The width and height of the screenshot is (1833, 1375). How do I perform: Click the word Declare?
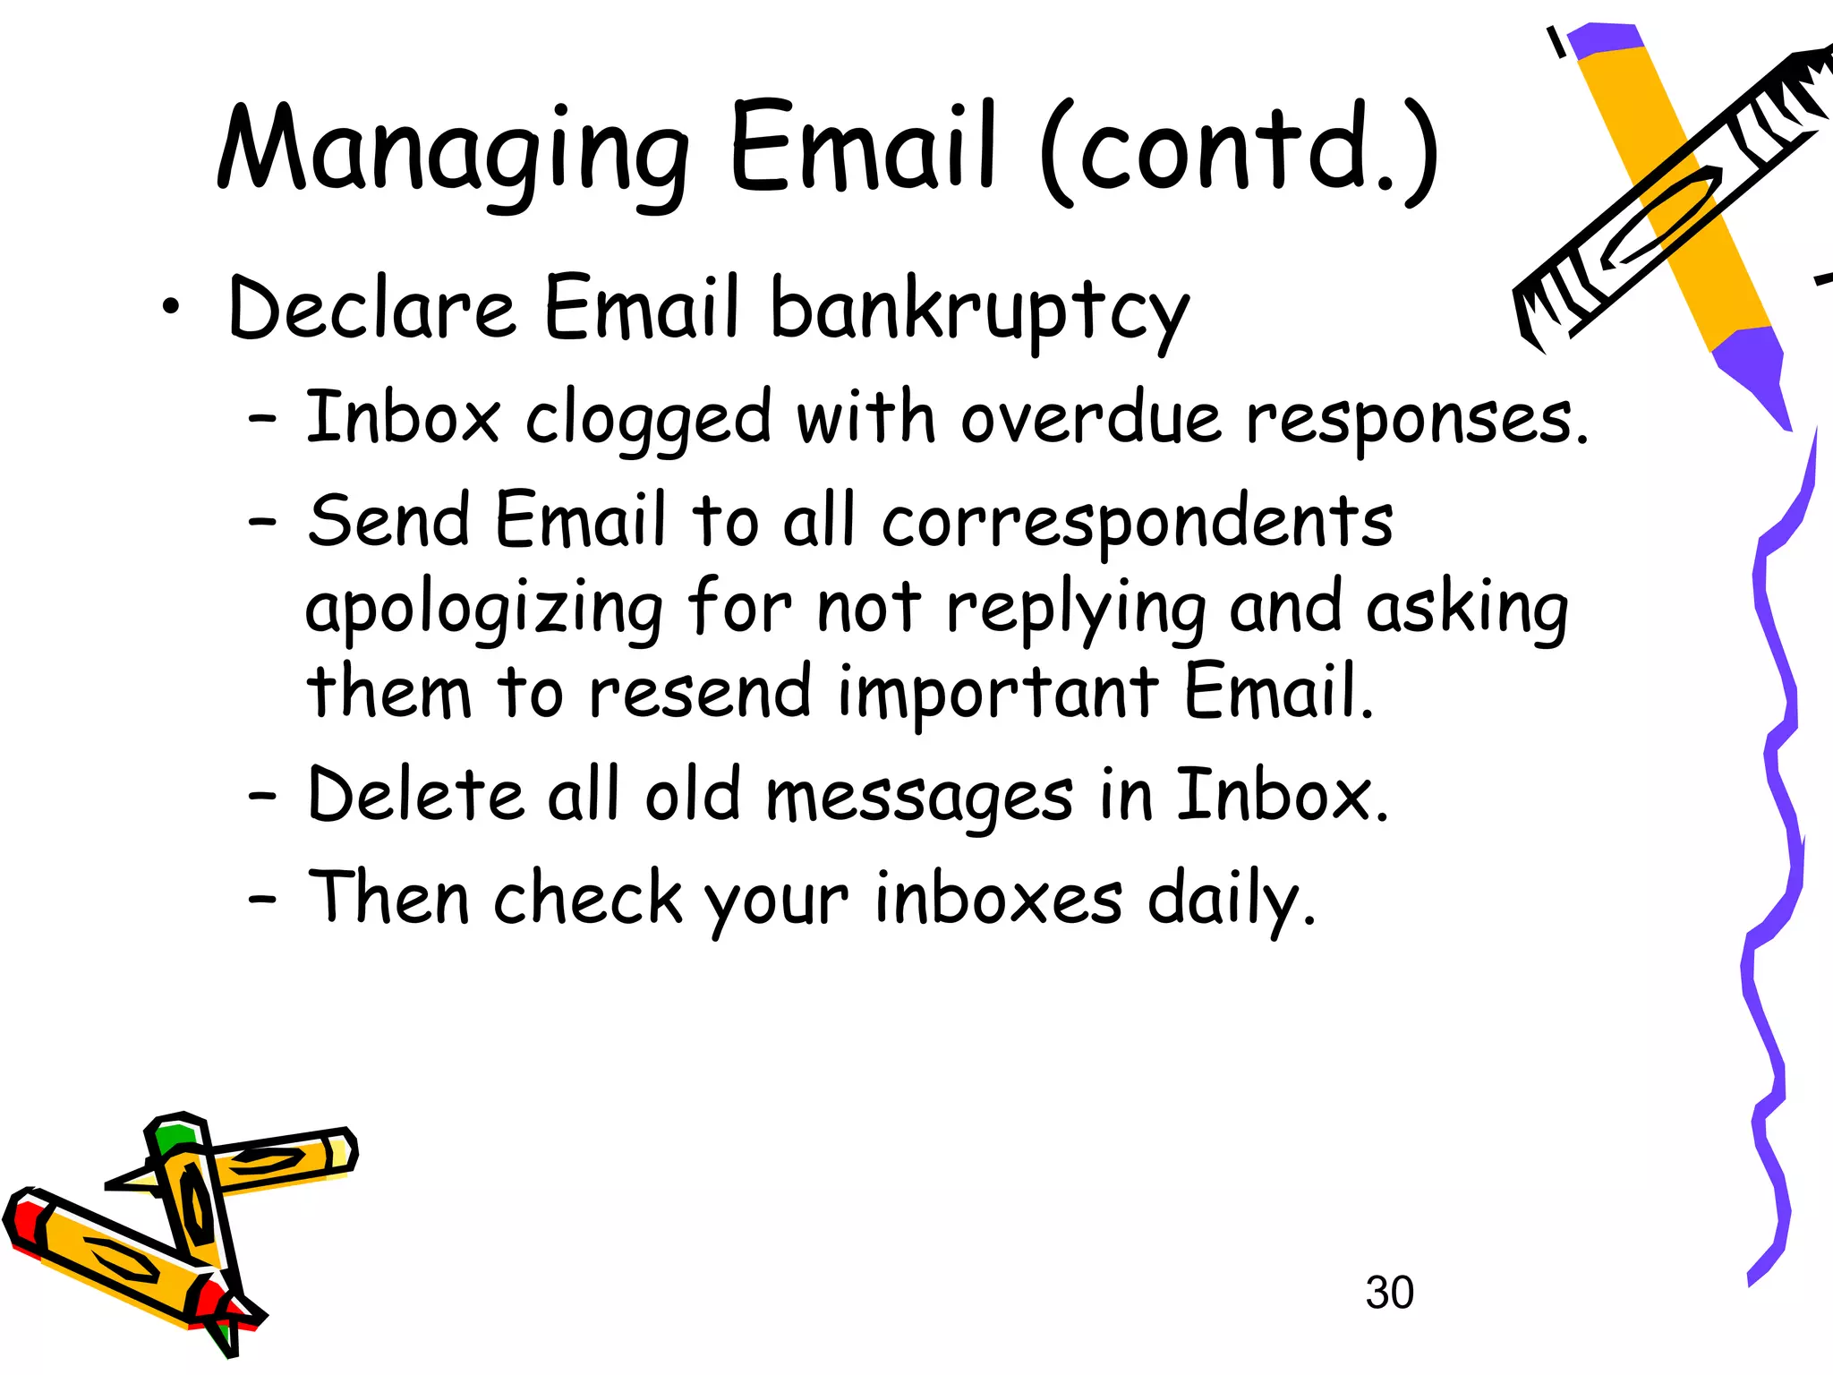pyautogui.click(x=371, y=308)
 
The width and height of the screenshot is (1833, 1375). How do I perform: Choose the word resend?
pyautogui.click(x=699, y=694)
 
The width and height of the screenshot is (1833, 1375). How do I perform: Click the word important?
pyautogui.click(x=998, y=694)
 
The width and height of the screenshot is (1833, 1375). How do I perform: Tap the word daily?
pyautogui.click(x=1232, y=899)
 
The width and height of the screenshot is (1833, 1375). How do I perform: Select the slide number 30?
pyautogui.click(x=1389, y=1293)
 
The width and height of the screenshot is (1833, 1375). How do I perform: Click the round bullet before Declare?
pyautogui.click(x=170, y=308)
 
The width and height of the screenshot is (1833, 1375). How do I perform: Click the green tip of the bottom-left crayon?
pyautogui.click(x=173, y=1136)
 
